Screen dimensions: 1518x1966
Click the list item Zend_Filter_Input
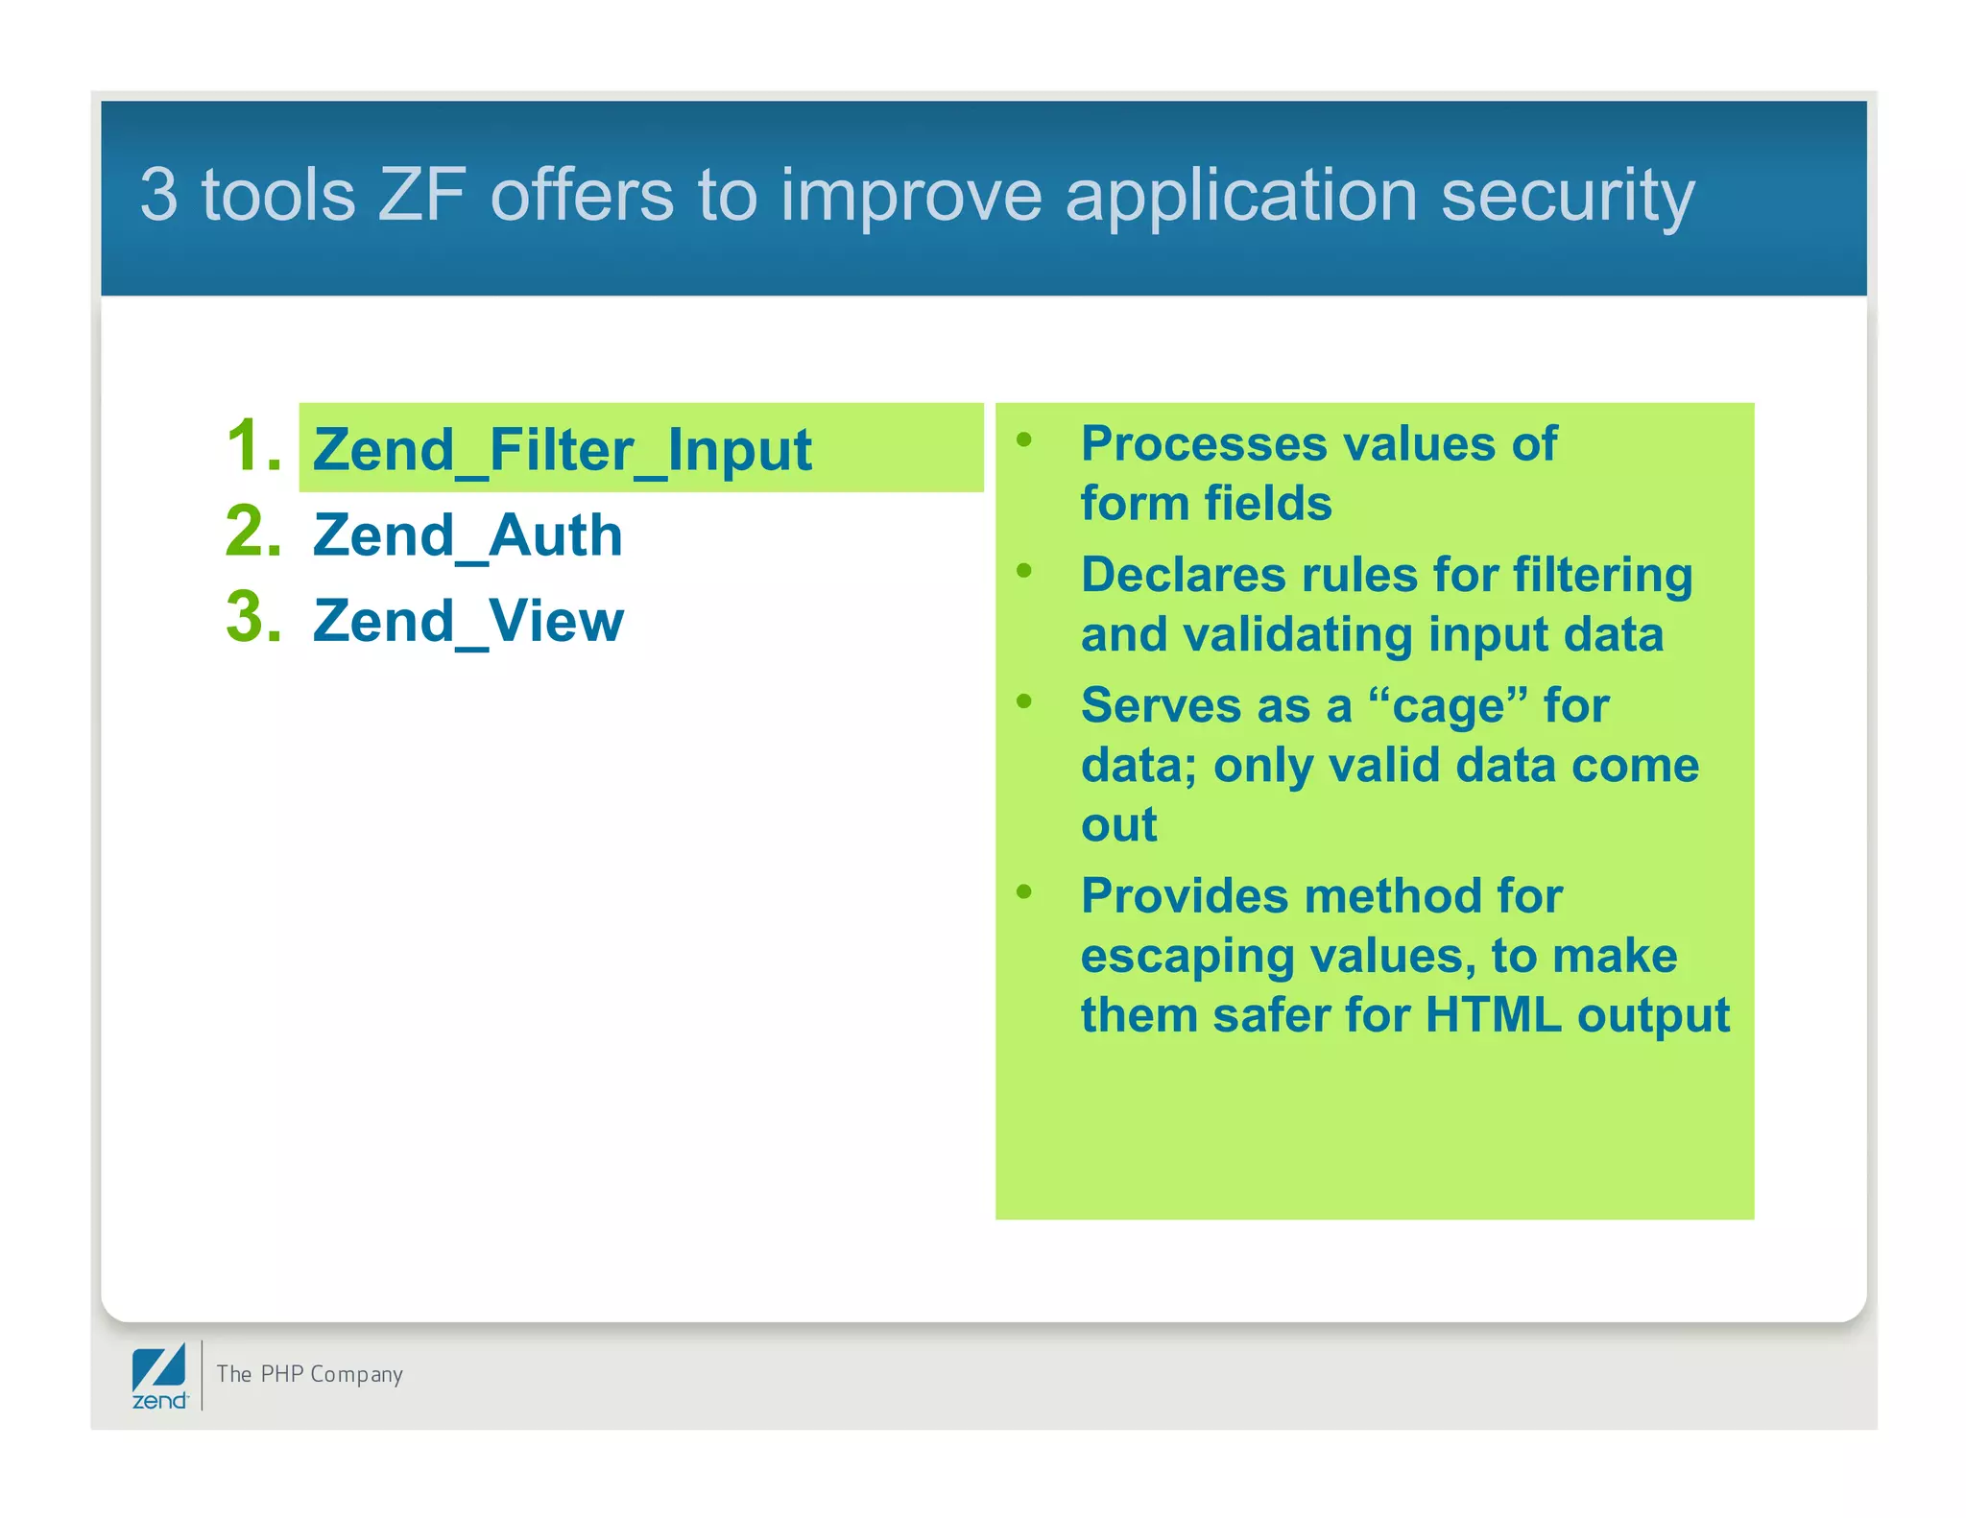[562, 450]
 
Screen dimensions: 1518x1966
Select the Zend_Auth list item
[468, 534]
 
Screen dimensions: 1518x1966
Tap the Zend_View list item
[468, 620]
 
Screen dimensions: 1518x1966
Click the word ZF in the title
[422, 195]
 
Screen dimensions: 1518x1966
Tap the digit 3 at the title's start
[159, 195]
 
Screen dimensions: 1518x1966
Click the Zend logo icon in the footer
[159, 1375]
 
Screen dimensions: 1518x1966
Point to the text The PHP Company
[309, 1374]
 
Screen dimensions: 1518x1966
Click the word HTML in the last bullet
[1493, 1014]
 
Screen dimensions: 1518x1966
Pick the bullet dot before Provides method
[1024, 892]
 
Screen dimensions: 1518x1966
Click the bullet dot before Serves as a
[1024, 701]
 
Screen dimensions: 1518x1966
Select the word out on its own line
[1118, 825]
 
